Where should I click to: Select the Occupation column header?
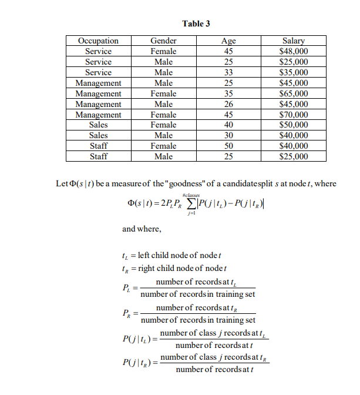[98, 41]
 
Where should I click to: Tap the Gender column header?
[163, 41]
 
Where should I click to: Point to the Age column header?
[228, 41]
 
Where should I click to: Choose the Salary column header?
[293, 41]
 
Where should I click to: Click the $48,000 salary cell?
[293, 51]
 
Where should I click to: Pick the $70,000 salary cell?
[293, 115]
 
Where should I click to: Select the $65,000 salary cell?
[293, 93]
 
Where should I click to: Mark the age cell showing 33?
[228, 72]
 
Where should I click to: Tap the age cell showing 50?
[228, 146]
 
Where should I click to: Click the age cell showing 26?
[228, 104]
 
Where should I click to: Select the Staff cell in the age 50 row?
[98, 146]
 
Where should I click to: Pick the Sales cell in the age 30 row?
[98, 135]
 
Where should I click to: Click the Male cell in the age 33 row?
[163, 72]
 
